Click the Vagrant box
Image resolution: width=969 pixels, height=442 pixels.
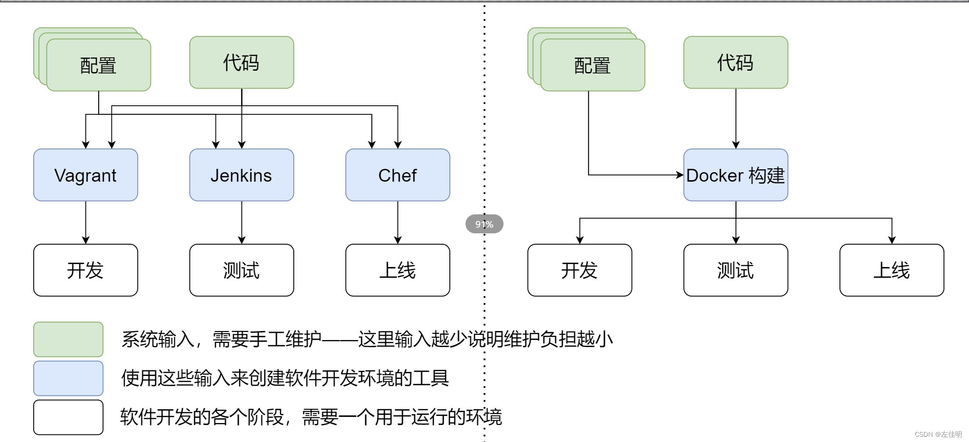pyautogui.click(x=85, y=175)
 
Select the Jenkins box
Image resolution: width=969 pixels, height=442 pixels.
pyautogui.click(x=242, y=175)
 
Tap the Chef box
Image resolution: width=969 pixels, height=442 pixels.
pyautogui.click(x=398, y=175)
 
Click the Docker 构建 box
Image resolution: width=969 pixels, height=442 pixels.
pyautogui.click(x=736, y=175)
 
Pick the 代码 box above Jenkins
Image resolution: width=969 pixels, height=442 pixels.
pyautogui.click(x=242, y=62)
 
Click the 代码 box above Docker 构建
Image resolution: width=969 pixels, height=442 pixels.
pyautogui.click(x=736, y=62)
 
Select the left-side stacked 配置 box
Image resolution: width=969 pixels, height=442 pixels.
pyautogui.click(x=99, y=65)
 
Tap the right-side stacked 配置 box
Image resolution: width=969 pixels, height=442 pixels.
pyautogui.click(x=593, y=65)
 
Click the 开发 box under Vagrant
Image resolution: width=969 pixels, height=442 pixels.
pyautogui.click(x=85, y=270)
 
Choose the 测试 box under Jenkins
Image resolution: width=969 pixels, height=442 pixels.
pyautogui.click(x=242, y=270)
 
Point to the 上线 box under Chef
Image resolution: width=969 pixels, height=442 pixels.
pyautogui.click(x=398, y=270)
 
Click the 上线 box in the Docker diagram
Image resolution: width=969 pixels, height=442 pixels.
pyautogui.click(x=892, y=270)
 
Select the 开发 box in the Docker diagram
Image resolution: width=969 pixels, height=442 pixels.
pyautogui.click(x=579, y=270)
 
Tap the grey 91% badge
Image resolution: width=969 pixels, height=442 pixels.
pyautogui.click(x=484, y=224)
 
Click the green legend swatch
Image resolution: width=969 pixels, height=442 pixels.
pyautogui.click(x=68, y=339)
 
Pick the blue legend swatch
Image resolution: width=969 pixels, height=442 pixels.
pyautogui.click(x=68, y=378)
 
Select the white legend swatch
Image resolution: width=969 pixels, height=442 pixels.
pyautogui.click(x=68, y=417)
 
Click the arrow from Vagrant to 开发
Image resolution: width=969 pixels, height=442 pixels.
pyautogui.click(x=85, y=222)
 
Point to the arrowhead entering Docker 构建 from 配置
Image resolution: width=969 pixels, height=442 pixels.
pyautogui.click(x=680, y=175)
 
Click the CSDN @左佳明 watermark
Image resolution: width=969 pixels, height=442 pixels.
pyautogui.click(x=938, y=434)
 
